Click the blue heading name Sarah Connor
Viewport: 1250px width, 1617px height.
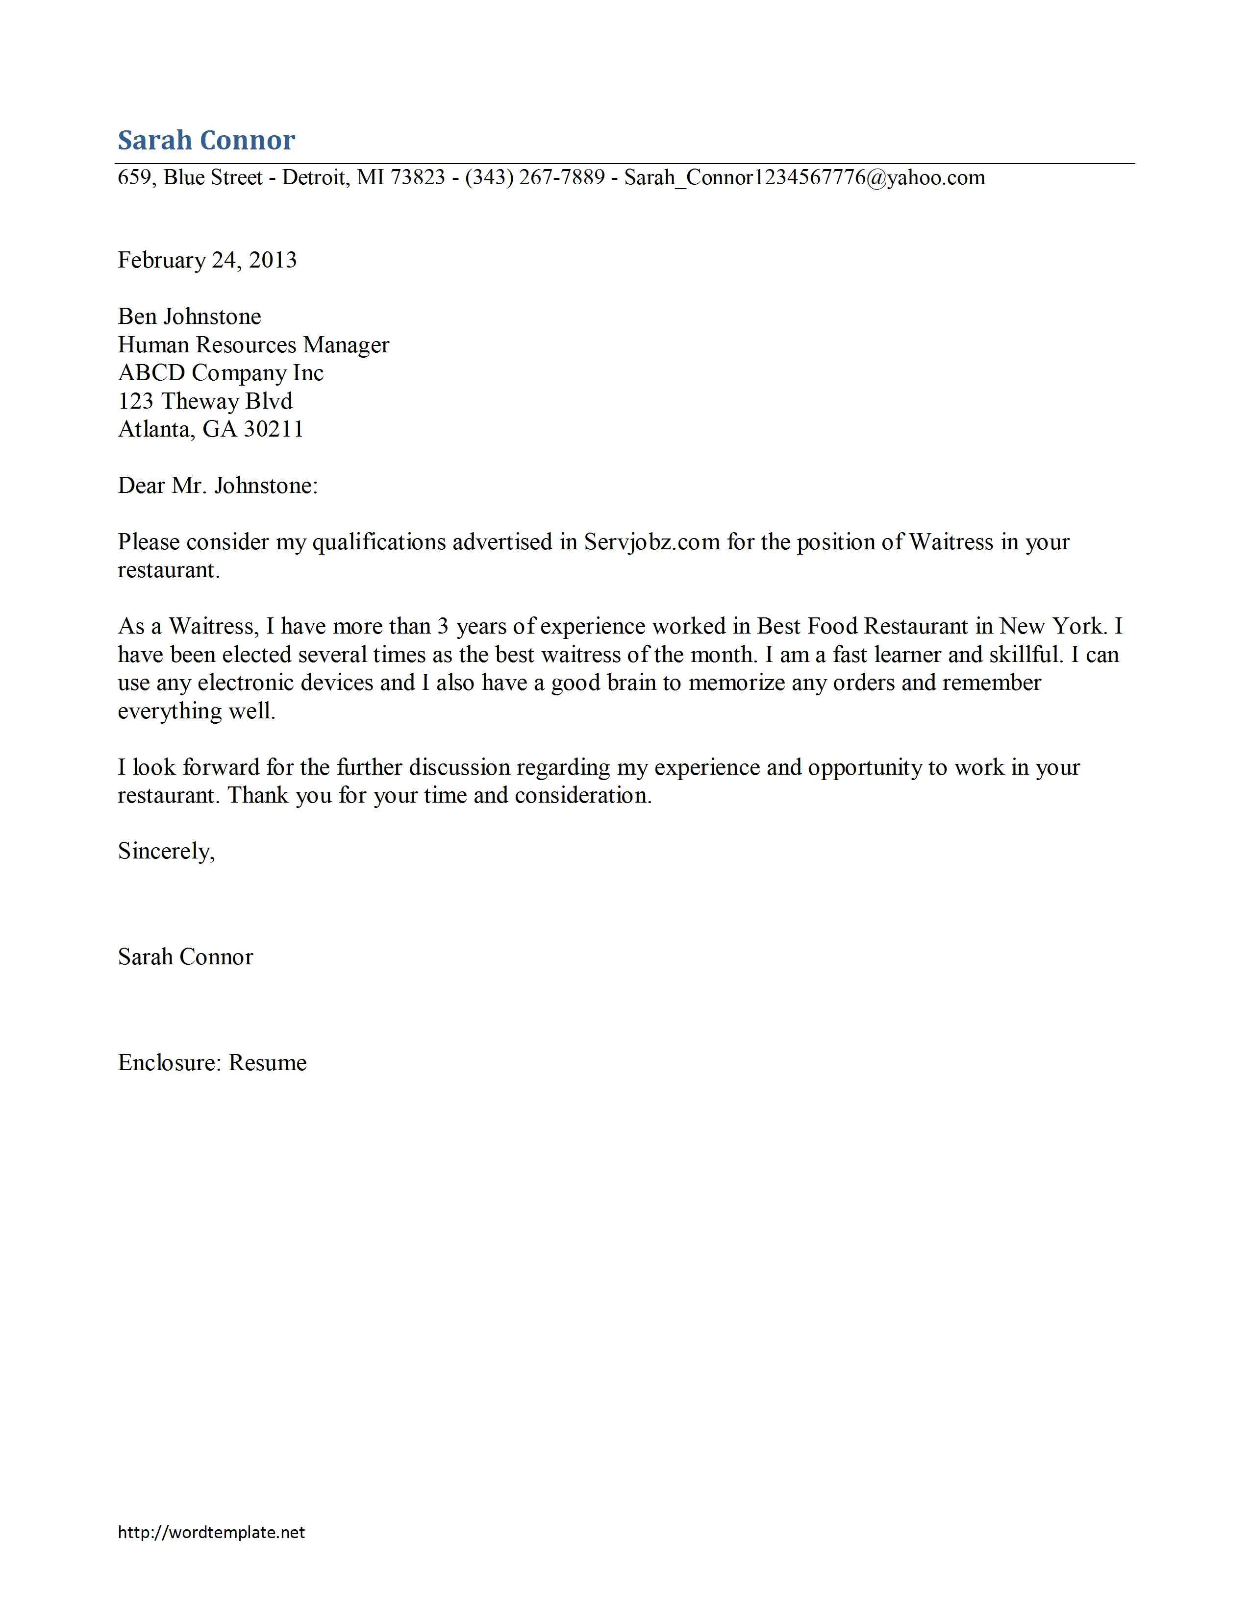206,140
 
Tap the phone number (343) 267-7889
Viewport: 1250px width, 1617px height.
535,178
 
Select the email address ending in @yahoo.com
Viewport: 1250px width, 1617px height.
804,178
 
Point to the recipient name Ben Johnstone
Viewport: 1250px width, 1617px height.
190,317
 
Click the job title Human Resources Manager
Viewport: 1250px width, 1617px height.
253,345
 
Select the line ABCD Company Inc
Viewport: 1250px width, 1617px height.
221,373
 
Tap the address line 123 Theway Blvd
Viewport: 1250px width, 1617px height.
205,401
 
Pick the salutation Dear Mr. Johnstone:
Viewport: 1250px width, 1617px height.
218,486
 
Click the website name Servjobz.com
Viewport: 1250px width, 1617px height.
651,542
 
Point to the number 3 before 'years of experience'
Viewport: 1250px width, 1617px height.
443,626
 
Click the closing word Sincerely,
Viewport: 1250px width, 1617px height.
166,852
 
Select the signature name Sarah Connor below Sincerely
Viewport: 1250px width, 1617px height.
185,957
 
